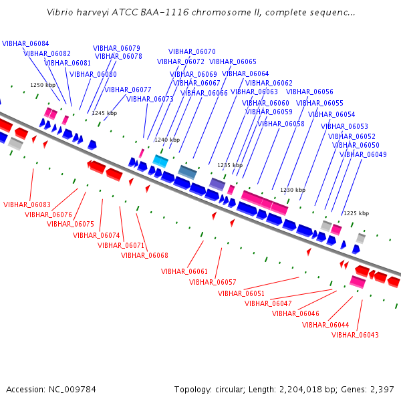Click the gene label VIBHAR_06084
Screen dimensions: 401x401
click(25, 43)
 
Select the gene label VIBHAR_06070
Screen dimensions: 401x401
click(192, 51)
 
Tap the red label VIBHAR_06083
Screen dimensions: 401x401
click(27, 205)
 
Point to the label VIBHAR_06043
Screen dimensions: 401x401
click(355, 335)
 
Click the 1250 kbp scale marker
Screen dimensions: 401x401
click(43, 85)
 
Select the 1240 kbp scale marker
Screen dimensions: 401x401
click(167, 140)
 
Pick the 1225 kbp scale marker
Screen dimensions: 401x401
click(356, 213)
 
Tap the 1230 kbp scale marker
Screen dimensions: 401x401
click(293, 190)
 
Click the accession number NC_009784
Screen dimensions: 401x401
click(72, 390)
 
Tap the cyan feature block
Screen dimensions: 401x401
click(160, 161)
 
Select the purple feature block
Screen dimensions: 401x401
click(217, 184)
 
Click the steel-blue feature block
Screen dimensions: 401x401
click(187, 172)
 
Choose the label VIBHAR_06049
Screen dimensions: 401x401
click(363, 154)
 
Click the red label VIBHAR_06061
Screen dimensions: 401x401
click(184, 271)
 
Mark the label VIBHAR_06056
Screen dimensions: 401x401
click(309, 92)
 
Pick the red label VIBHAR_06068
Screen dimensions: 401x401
click(144, 255)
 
